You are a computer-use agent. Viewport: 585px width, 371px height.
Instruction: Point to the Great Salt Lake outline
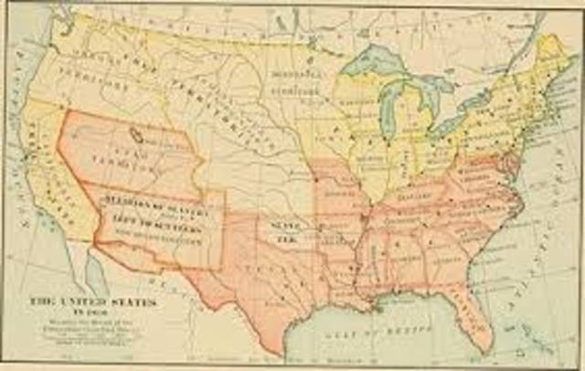click(137, 136)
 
